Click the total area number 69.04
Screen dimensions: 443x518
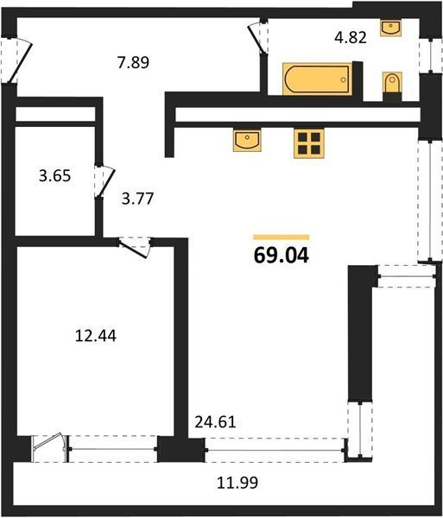click(x=282, y=256)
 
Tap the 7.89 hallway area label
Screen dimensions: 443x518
click(x=134, y=62)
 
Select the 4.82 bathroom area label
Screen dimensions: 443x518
click(x=351, y=38)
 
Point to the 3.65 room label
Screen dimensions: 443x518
click(x=55, y=176)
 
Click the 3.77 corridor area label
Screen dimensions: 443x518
click(x=138, y=199)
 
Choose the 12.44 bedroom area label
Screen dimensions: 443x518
click(x=96, y=336)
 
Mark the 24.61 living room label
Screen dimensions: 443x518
click(x=215, y=422)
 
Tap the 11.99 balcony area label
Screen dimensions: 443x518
click(x=237, y=483)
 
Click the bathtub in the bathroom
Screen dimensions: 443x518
click(x=317, y=79)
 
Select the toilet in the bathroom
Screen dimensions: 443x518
click(x=392, y=83)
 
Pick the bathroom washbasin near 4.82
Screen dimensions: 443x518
click(x=390, y=28)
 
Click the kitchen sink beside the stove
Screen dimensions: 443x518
click(x=247, y=141)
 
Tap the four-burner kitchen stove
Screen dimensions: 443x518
click(x=309, y=143)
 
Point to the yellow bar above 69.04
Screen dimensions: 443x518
click(x=282, y=237)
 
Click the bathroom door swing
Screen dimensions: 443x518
click(x=257, y=37)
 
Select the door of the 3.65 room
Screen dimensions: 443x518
click(x=105, y=181)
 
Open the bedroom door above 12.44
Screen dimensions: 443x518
click(x=135, y=247)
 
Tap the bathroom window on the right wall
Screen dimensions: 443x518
click(x=430, y=55)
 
